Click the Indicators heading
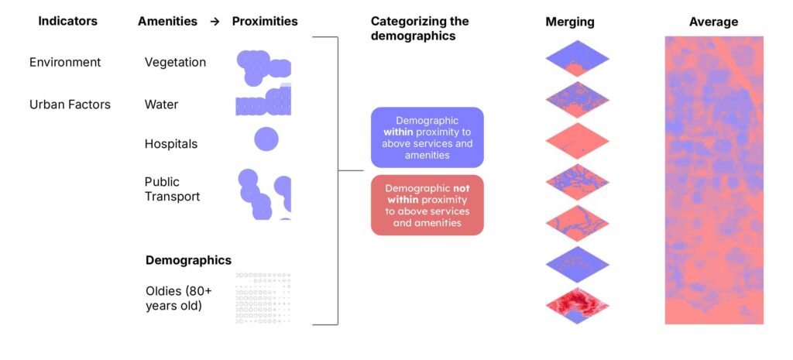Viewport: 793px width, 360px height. click(68, 22)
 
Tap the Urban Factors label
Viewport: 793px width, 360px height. click(70, 104)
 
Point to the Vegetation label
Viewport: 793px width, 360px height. click(175, 62)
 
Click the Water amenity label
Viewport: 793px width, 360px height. click(161, 104)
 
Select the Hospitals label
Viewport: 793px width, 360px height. click(171, 144)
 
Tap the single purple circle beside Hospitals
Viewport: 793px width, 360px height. click(266, 139)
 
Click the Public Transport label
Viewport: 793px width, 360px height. click(172, 189)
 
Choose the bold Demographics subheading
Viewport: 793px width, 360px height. click(188, 260)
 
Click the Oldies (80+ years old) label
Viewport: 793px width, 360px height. click(178, 298)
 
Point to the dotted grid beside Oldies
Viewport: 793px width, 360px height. click(263, 298)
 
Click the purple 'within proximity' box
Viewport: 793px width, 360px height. click(427, 138)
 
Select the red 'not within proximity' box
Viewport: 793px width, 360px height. click(427, 205)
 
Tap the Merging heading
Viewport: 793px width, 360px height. click(569, 22)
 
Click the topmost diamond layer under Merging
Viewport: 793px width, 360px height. click(577, 57)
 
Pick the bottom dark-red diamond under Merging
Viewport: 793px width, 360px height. click(577, 306)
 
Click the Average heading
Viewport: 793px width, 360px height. click(713, 22)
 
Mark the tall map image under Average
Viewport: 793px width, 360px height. click(713, 180)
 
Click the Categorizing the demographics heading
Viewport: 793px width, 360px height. click(420, 28)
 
